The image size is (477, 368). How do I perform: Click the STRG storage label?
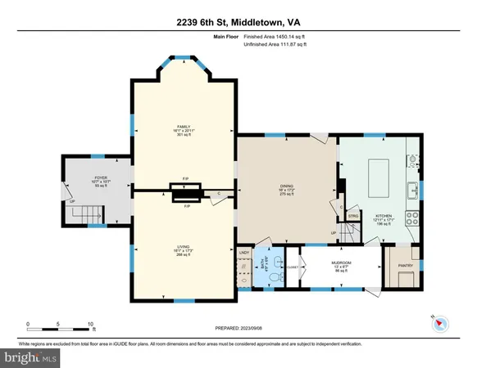(x=353, y=216)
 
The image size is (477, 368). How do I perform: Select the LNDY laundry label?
(x=243, y=254)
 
